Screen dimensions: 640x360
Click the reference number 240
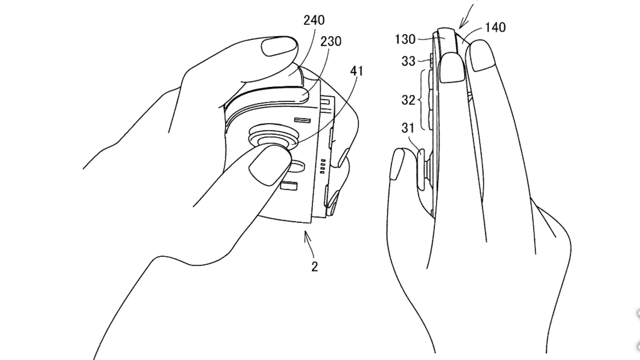314,20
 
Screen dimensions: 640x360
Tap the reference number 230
331,41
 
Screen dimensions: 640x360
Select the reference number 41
357,71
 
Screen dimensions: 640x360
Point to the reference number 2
314,266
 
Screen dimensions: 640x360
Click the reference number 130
405,40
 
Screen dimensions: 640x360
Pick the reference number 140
495,27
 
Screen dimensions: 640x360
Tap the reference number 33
408,61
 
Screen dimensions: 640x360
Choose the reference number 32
408,100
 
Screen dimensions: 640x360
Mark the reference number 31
407,128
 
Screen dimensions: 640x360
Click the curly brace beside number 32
424,99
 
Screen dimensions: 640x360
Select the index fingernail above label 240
279,46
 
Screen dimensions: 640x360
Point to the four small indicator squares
322,166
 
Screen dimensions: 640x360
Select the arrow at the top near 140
467,15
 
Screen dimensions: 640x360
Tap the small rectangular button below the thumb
289,186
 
